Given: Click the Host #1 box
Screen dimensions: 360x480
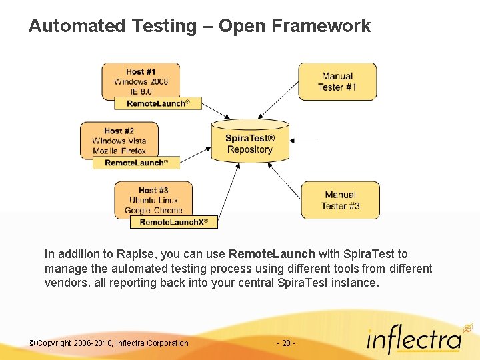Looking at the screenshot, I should [140, 80].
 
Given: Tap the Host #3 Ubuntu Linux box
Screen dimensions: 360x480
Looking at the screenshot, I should [153, 199].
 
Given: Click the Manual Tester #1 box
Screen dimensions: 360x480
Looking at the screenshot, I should [337, 81].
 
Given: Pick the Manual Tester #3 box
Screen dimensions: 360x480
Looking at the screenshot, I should [340, 200].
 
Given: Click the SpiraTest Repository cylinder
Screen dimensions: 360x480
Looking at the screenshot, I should [250, 141].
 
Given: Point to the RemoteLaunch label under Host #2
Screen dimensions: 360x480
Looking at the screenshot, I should [136, 163].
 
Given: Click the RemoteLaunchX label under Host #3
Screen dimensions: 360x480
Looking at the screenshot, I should [173, 222].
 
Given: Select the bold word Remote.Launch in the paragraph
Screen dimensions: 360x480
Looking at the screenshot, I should [271, 254].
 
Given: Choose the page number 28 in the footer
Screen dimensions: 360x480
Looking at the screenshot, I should [285, 343].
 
